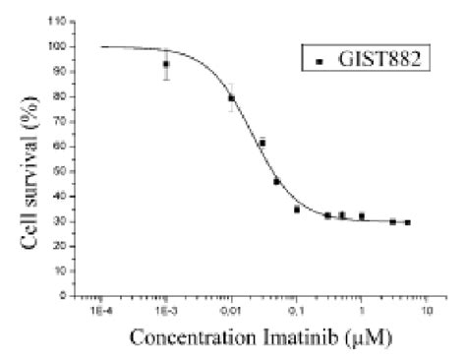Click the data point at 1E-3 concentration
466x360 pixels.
tap(166, 65)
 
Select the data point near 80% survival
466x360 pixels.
tap(232, 97)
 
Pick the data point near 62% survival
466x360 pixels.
tap(262, 143)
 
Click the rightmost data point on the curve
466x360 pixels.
tap(407, 222)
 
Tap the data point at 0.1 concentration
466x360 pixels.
tap(297, 209)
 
